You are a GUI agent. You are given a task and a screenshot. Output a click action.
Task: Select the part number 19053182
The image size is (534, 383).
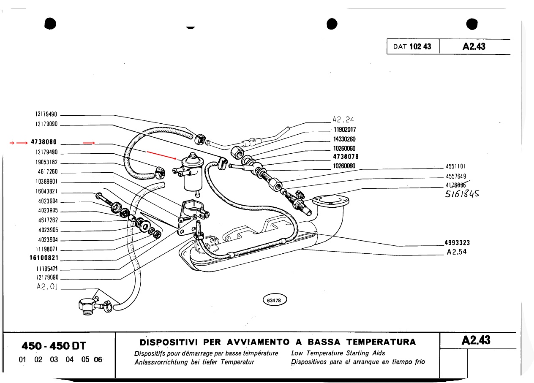[x=46, y=162]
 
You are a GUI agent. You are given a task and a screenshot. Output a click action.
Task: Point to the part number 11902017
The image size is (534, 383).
[x=344, y=130]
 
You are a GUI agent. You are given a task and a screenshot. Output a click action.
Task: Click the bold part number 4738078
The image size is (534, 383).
[x=346, y=157]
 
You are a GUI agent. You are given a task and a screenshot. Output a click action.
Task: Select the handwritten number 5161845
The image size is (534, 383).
[x=462, y=194]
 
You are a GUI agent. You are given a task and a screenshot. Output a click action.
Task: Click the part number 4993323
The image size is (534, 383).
[x=457, y=243]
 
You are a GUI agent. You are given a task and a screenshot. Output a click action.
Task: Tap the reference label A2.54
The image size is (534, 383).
[x=457, y=253]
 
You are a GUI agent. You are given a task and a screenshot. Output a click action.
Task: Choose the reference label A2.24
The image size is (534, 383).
[x=343, y=120]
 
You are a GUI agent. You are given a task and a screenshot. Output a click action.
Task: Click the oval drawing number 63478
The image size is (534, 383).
[x=275, y=300]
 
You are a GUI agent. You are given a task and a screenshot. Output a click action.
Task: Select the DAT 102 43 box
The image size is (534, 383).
[x=412, y=46]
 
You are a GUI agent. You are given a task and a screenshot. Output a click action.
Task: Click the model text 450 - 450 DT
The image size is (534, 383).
[x=54, y=346]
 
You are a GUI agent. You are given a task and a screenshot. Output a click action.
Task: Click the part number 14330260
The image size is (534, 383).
[x=344, y=139]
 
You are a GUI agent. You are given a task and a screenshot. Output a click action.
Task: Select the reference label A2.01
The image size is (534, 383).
[x=47, y=288]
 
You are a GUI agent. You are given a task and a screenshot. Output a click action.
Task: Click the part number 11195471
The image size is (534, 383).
[x=46, y=269]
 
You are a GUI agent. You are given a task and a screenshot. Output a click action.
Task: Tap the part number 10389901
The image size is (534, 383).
[x=46, y=182]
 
